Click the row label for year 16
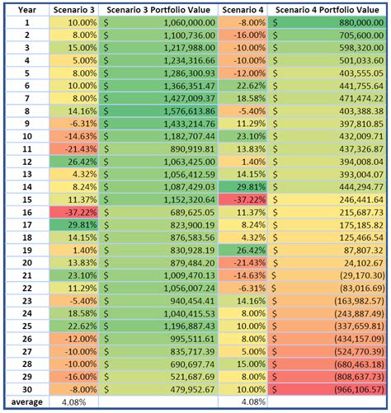(x=26, y=212)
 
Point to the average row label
(x=26, y=401)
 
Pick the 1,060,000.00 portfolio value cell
(x=158, y=23)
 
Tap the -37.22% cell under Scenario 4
(x=243, y=199)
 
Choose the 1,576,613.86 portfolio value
(x=158, y=111)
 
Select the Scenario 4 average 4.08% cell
(x=243, y=401)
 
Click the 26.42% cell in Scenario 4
(x=243, y=250)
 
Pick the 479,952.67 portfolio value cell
(x=158, y=388)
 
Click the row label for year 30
(x=26, y=388)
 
